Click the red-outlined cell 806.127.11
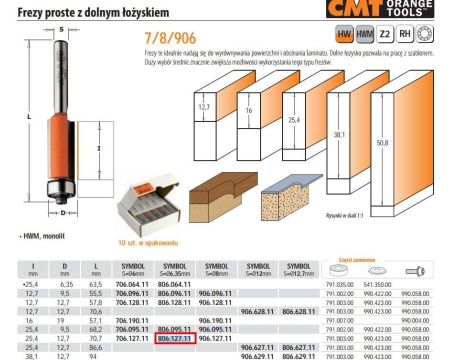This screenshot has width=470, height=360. pyautogui.click(x=174, y=339)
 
